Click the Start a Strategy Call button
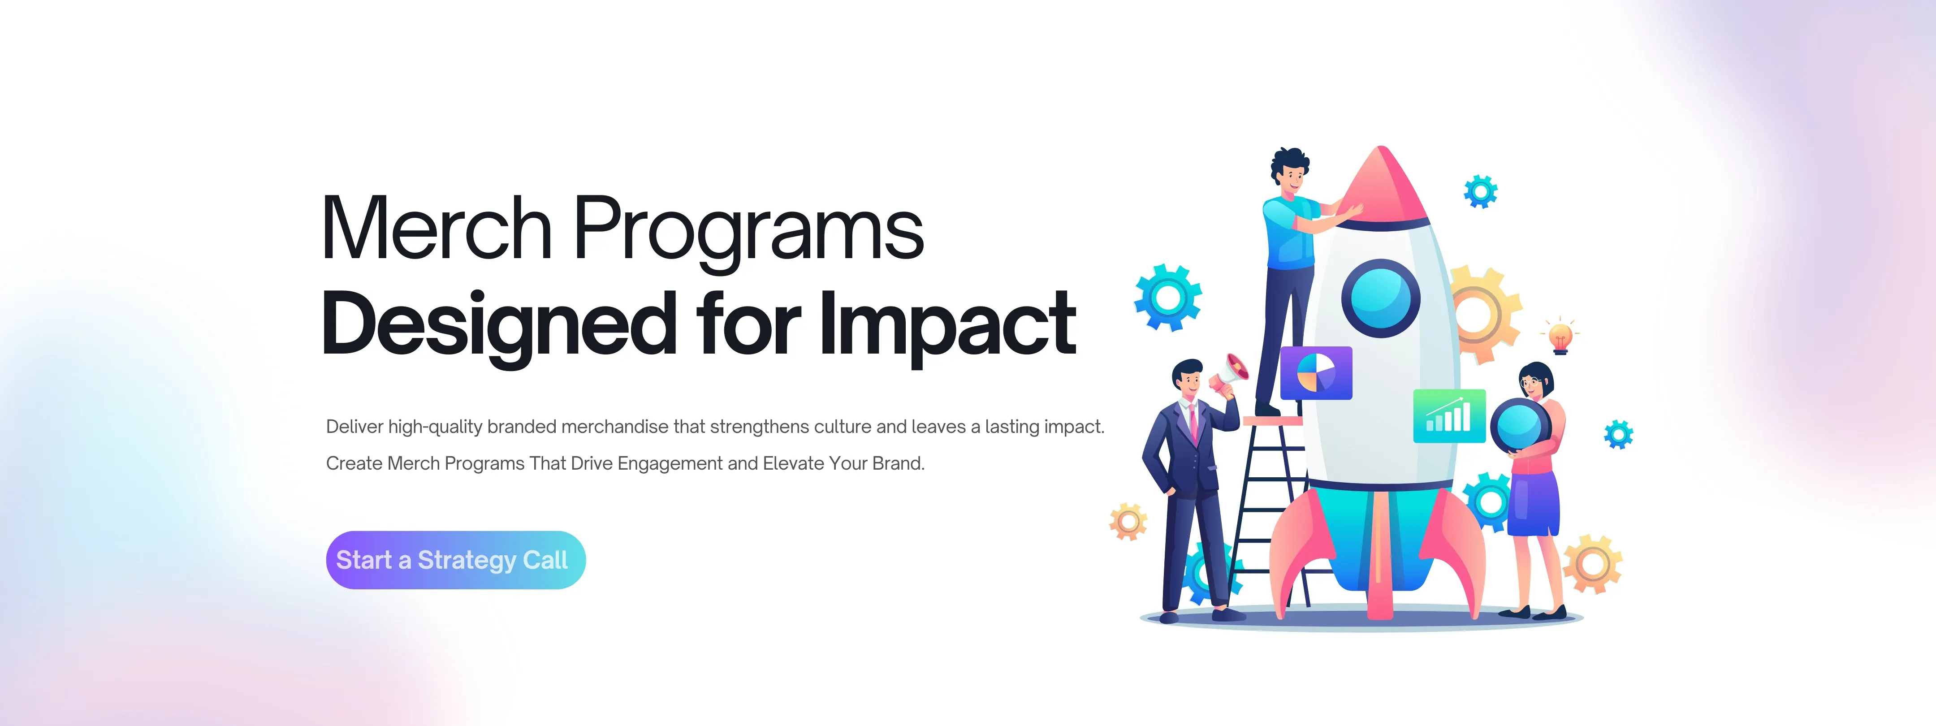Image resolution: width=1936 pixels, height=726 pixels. tap(455, 560)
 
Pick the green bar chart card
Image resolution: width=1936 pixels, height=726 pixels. tap(1448, 415)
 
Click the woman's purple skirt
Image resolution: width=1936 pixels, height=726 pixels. tap(1533, 504)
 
